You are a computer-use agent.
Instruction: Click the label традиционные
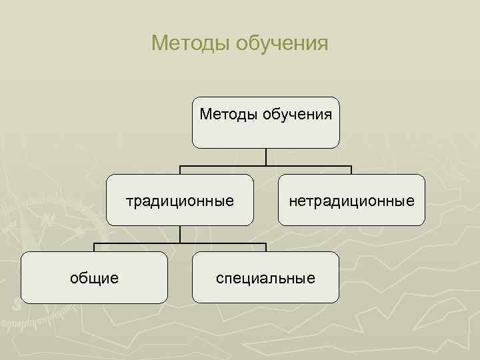(x=180, y=200)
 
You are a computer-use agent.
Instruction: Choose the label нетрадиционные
(x=351, y=200)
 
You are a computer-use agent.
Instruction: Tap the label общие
(x=95, y=277)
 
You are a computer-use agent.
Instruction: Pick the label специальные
(x=265, y=277)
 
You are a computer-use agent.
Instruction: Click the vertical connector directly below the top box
(x=266, y=157)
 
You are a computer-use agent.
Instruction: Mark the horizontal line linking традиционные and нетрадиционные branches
(x=266, y=165)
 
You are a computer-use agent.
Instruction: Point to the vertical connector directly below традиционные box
(x=180, y=234)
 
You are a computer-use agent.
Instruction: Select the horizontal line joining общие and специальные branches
(x=180, y=243)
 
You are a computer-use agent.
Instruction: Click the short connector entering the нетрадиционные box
(x=351, y=170)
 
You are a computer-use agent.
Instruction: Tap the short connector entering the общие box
(x=94, y=247)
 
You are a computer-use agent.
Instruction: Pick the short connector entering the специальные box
(x=265, y=247)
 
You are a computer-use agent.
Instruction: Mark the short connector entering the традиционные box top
(x=180, y=170)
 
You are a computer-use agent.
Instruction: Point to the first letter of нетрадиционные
(x=292, y=201)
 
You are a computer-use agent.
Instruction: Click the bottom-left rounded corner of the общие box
(x=24, y=300)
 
